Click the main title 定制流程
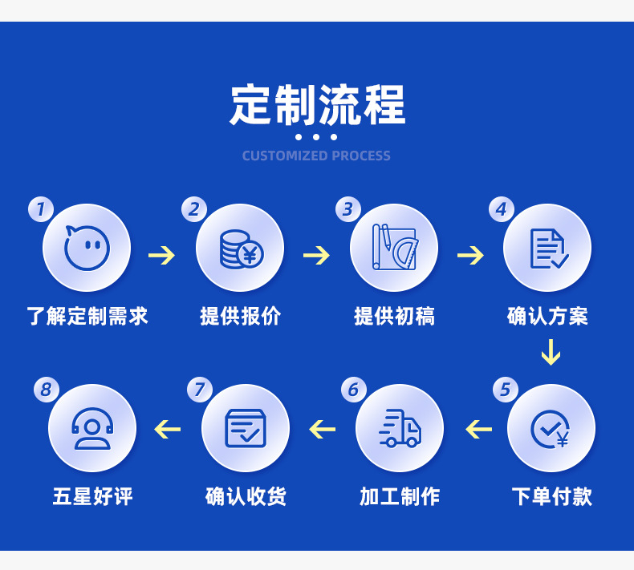(x=317, y=104)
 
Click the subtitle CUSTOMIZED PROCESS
(x=316, y=156)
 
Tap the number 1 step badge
(x=40, y=210)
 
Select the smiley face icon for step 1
(x=87, y=248)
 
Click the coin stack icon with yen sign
(x=240, y=249)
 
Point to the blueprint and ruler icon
(x=394, y=248)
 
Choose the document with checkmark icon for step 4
(x=548, y=249)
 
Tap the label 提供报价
(x=240, y=315)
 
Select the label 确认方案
(x=548, y=315)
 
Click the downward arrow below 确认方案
(x=550, y=353)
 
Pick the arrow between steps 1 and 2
(x=162, y=256)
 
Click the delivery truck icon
(x=400, y=428)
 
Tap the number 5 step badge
(x=505, y=390)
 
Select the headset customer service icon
(x=92, y=428)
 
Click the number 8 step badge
(x=46, y=390)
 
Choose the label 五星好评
(x=92, y=496)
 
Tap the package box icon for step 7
(x=246, y=428)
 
